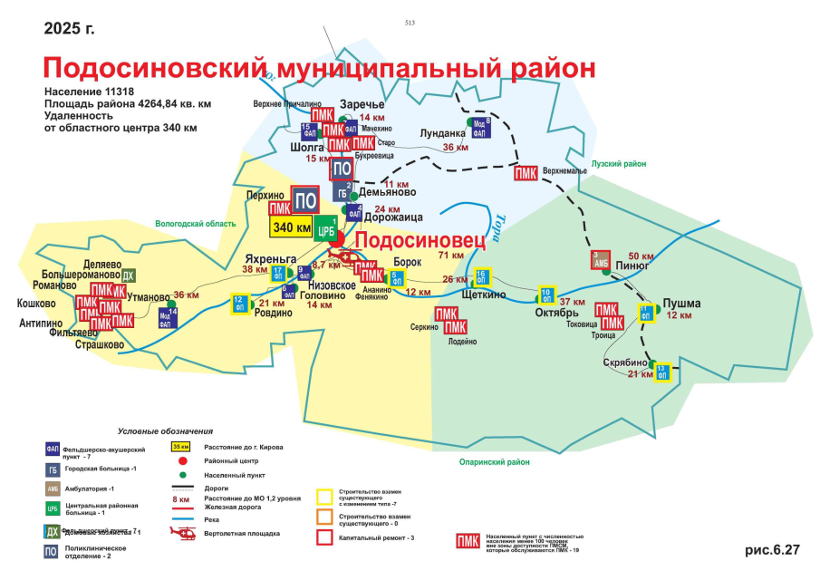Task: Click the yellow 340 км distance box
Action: (x=291, y=227)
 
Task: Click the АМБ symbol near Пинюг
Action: (x=600, y=259)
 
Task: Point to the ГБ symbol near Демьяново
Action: (x=342, y=192)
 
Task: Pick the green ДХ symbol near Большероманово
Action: (x=128, y=275)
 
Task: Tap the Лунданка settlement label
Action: (x=442, y=133)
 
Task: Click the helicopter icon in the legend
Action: (x=183, y=535)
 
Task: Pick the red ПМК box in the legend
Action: (x=468, y=542)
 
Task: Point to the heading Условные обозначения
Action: (x=165, y=430)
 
